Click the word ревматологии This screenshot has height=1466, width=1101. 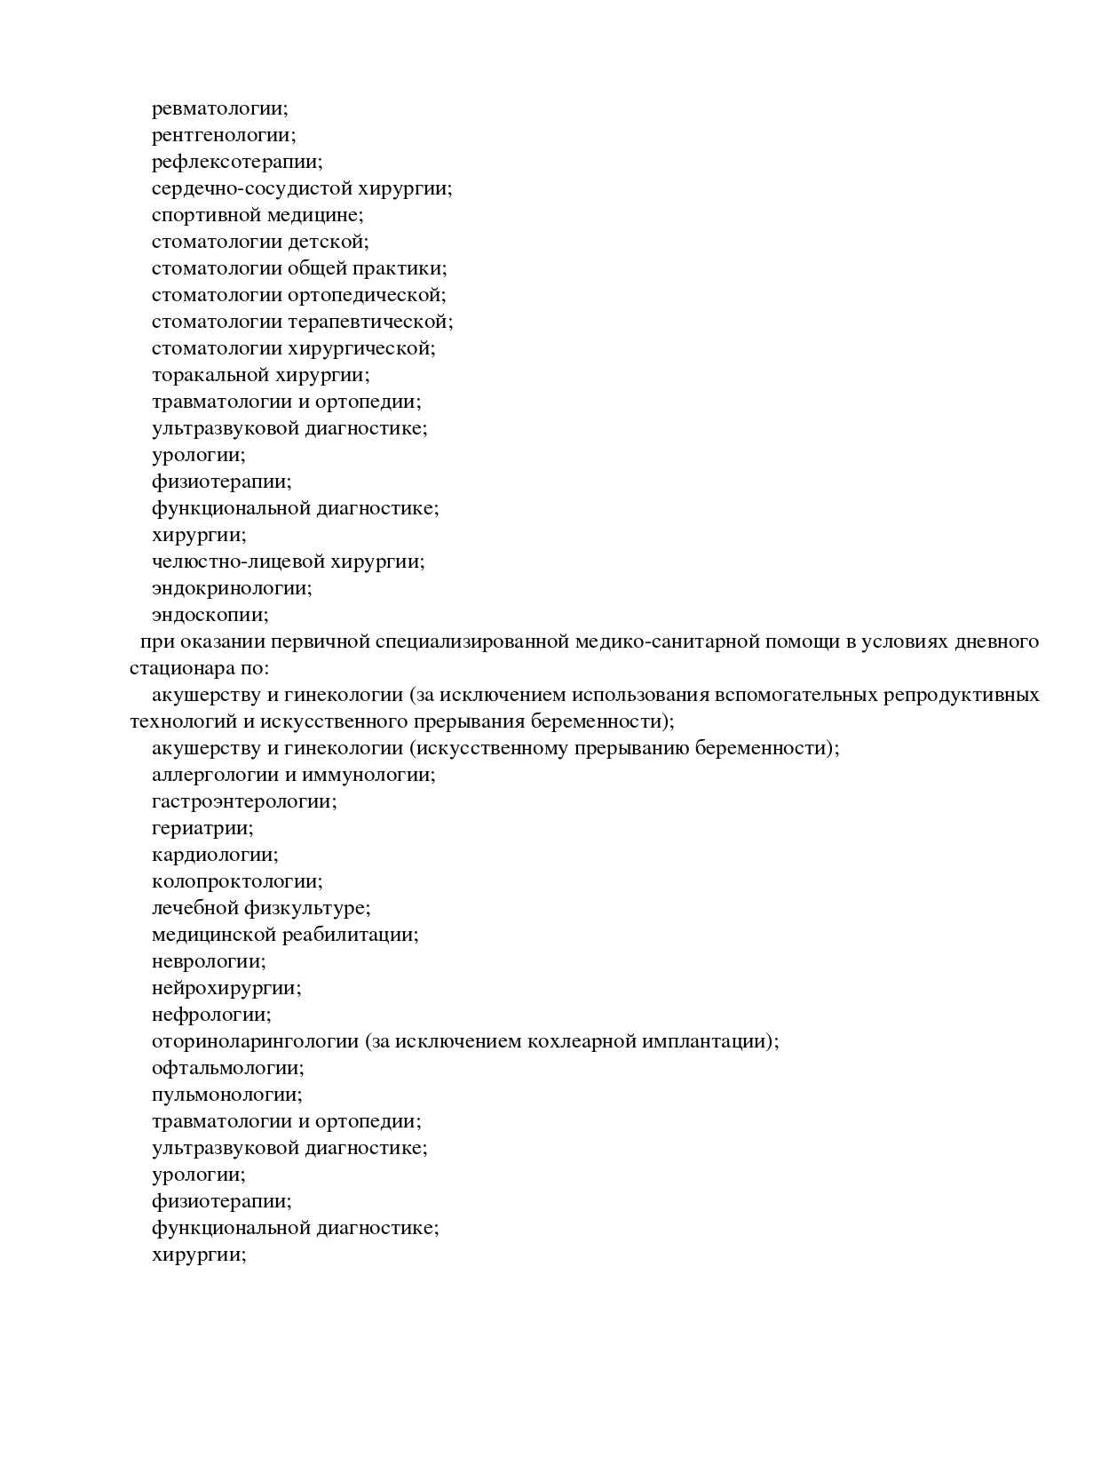(x=218, y=108)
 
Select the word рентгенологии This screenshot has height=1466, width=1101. (x=221, y=135)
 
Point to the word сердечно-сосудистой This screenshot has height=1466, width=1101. (x=251, y=188)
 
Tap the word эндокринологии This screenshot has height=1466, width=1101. (x=230, y=588)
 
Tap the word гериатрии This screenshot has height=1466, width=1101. (x=201, y=828)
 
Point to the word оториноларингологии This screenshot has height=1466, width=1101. (x=255, y=1041)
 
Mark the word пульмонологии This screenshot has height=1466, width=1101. (x=225, y=1095)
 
